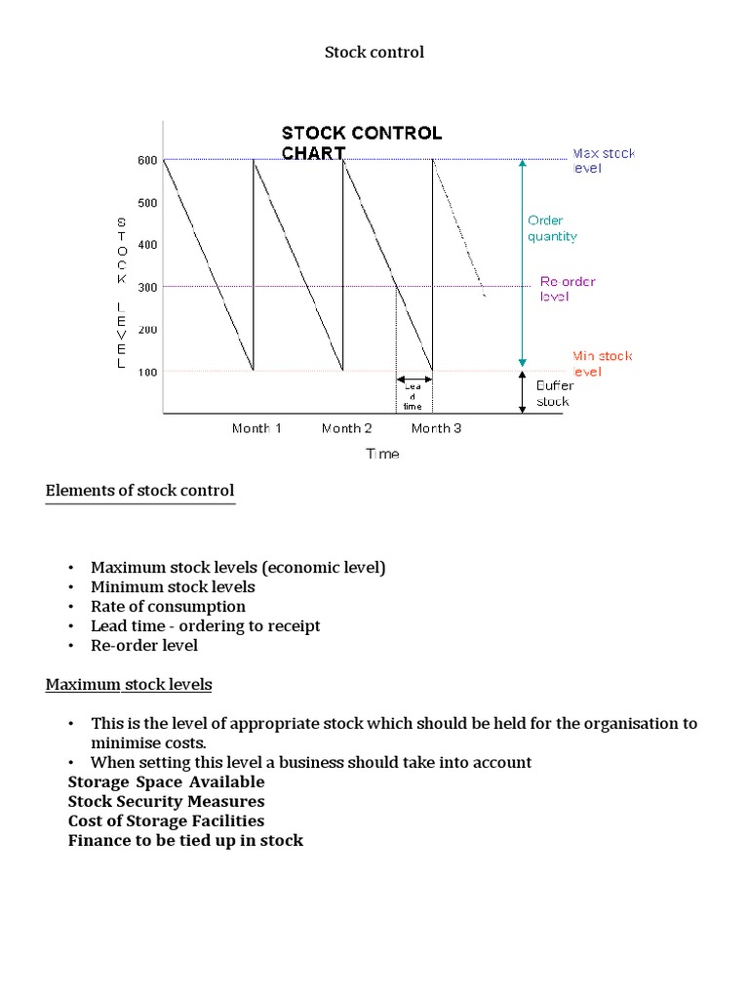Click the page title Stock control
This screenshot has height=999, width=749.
click(374, 53)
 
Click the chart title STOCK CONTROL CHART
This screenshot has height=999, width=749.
click(361, 142)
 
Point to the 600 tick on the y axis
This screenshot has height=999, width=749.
click(146, 160)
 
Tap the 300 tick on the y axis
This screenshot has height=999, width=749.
click(146, 287)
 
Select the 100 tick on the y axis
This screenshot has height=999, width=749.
click(146, 372)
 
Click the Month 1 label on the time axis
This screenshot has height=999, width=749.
click(256, 428)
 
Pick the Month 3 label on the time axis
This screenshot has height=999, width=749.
click(436, 428)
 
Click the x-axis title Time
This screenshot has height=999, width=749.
click(382, 454)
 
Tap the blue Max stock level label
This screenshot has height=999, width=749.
click(602, 160)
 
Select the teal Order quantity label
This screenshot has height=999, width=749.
click(552, 228)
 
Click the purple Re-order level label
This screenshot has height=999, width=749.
click(568, 289)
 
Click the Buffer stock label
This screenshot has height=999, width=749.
click(555, 393)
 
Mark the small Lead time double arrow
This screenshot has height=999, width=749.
click(414, 380)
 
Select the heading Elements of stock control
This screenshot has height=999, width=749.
click(139, 491)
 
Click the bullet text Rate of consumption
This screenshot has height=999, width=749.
click(168, 607)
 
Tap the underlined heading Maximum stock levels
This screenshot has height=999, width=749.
click(129, 685)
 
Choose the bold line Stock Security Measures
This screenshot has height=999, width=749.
click(166, 802)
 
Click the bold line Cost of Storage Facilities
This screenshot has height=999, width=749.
click(166, 821)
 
